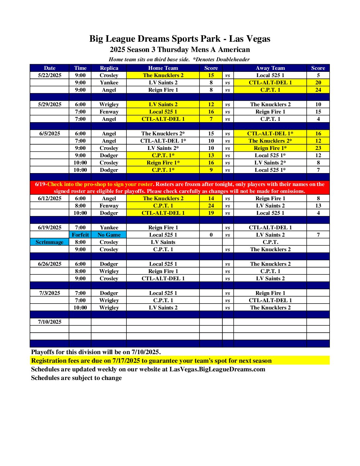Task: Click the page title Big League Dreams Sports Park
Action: pos(180,39)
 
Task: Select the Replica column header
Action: pos(109,68)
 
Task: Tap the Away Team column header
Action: pos(270,68)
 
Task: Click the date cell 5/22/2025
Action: pos(50,75)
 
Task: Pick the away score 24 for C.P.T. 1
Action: pos(318,90)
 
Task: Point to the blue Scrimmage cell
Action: pos(49,242)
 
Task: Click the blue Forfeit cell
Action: pos(80,235)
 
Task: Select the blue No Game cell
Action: pos(109,235)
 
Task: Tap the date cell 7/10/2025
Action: pos(50,322)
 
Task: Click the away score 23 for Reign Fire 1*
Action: pos(318,148)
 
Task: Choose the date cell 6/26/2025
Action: pos(50,264)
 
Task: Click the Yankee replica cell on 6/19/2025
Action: pos(109,227)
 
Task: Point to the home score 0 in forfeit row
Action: pos(211,235)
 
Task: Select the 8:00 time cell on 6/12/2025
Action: pos(80,206)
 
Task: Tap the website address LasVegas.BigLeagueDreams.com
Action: pos(217,369)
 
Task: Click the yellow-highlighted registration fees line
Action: pos(151,360)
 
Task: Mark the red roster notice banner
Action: pos(180,188)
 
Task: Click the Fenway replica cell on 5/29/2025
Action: pos(109,112)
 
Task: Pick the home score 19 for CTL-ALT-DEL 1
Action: pos(211,213)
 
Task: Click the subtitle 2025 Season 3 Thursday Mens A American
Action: pos(180,50)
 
